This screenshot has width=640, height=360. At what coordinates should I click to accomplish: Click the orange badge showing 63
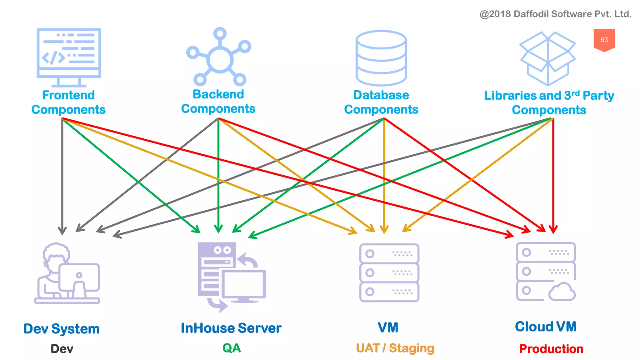pyautogui.click(x=604, y=40)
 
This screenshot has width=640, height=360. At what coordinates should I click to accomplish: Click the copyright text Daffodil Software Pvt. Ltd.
pyautogui.click(x=555, y=14)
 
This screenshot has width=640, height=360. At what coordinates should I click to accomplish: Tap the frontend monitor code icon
pyautogui.click(x=69, y=56)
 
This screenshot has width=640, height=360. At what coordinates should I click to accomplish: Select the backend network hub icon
pyautogui.click(x=219, y=58)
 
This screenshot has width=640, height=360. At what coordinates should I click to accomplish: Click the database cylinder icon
pyautogui.click(x=381, y=58)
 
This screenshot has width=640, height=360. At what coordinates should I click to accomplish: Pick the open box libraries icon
pyautogui.click(x=547, y=58)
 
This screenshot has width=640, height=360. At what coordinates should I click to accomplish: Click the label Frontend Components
pyautogui.click(x=68, y=102)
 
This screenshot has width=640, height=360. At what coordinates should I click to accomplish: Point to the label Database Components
pyautogui.click(x=381, y=102)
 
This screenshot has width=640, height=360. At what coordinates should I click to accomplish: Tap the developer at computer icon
pyautogui.click(x=67, y=274)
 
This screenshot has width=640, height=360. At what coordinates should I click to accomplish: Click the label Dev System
pyautogui.click(x=62, y=329)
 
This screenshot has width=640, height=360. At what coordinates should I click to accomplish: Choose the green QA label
pyautogui.click(x=232, y=348)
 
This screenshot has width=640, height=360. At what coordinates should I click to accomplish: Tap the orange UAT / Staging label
pyautogui.click(x=395, y=348)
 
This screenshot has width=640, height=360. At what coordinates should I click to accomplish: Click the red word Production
pyautogui.click(x=551, y=349)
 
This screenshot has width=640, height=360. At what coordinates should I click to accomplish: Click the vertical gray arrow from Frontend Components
pyautogui.click(x=62, y=175)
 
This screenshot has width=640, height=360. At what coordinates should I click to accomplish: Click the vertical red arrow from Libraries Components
pyautogui.click(x=553, y=175)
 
